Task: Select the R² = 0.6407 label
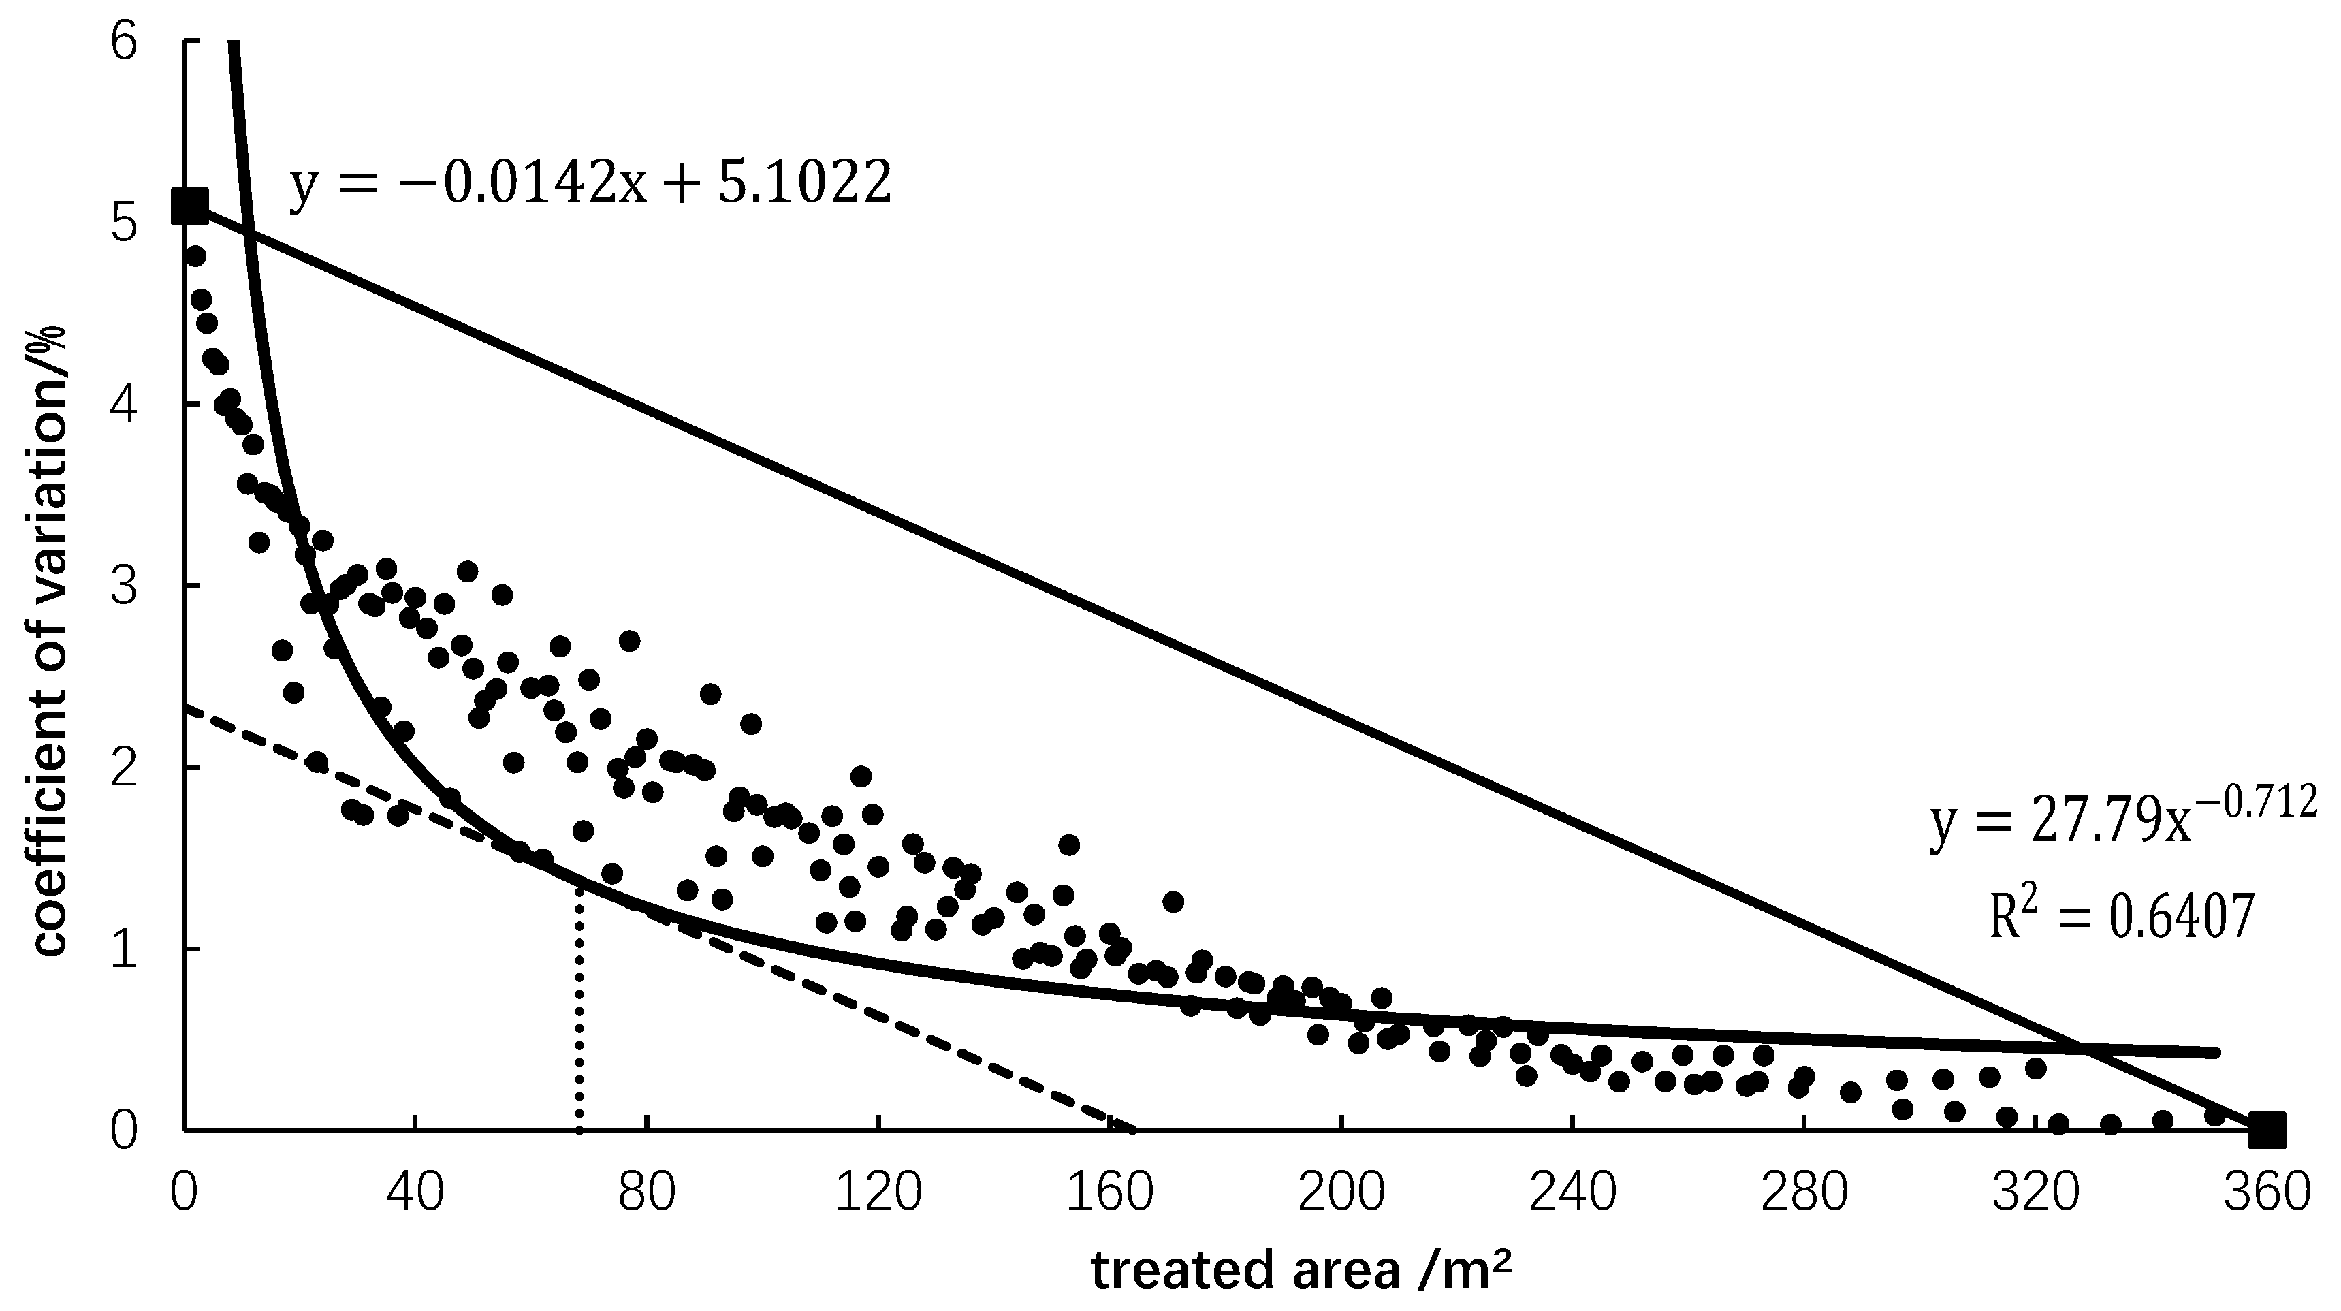click(x=2121, y=917)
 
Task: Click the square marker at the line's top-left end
click(x=190, y=206)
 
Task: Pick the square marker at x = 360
click(x=2267, y=1130)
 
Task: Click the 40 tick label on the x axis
click(x=415, y=1192)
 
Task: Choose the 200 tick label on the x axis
click(x=1341, y=1192)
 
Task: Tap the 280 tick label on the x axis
click(x=1803, y=1192)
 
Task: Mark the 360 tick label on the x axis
click(x=2267, y=1192)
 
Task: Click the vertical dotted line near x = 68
click(x=579, y=1009)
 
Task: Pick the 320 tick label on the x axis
click(x=2035, y=1192)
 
